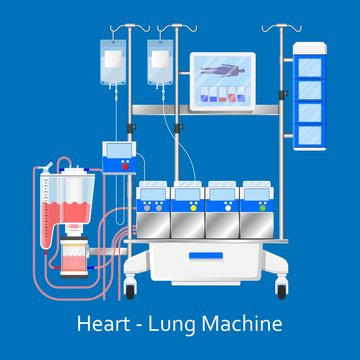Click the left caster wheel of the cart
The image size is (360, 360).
(129, 290)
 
